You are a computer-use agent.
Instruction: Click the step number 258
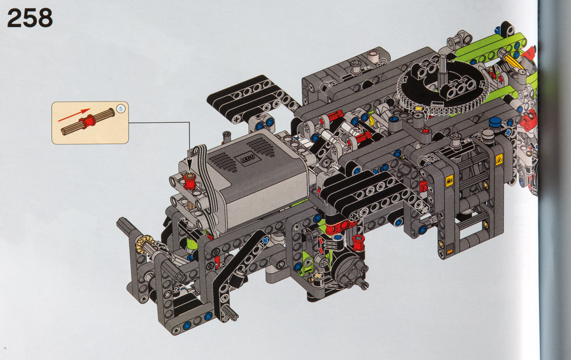tap(30, 19)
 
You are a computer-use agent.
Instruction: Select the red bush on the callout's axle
tap(87, 121)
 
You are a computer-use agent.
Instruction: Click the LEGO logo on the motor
tap(246, 158)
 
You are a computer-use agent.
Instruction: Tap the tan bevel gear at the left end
tap(144, 244)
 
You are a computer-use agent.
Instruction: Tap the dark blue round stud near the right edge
tap(495, 121)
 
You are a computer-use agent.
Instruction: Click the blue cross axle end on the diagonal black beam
tap(265, 239)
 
